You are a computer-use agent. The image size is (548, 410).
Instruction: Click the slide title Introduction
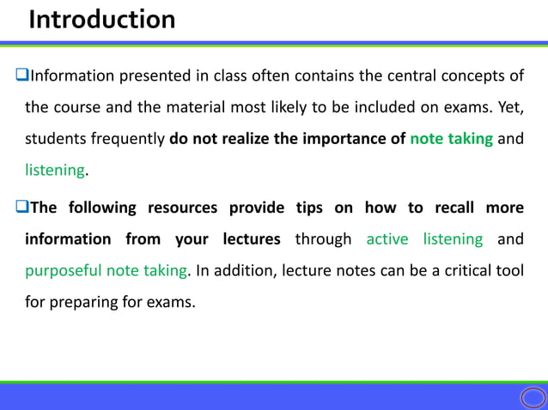pos(101,19)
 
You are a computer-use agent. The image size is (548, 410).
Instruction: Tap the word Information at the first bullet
pos(73,76)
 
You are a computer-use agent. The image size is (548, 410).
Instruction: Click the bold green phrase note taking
pos(451,140)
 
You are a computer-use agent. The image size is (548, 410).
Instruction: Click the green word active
pos(387,239)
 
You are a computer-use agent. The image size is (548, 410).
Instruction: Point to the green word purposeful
pos(63,271)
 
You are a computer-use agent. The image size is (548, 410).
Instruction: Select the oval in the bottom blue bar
pos(533,397)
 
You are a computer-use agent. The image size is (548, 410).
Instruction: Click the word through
pos(323,239)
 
